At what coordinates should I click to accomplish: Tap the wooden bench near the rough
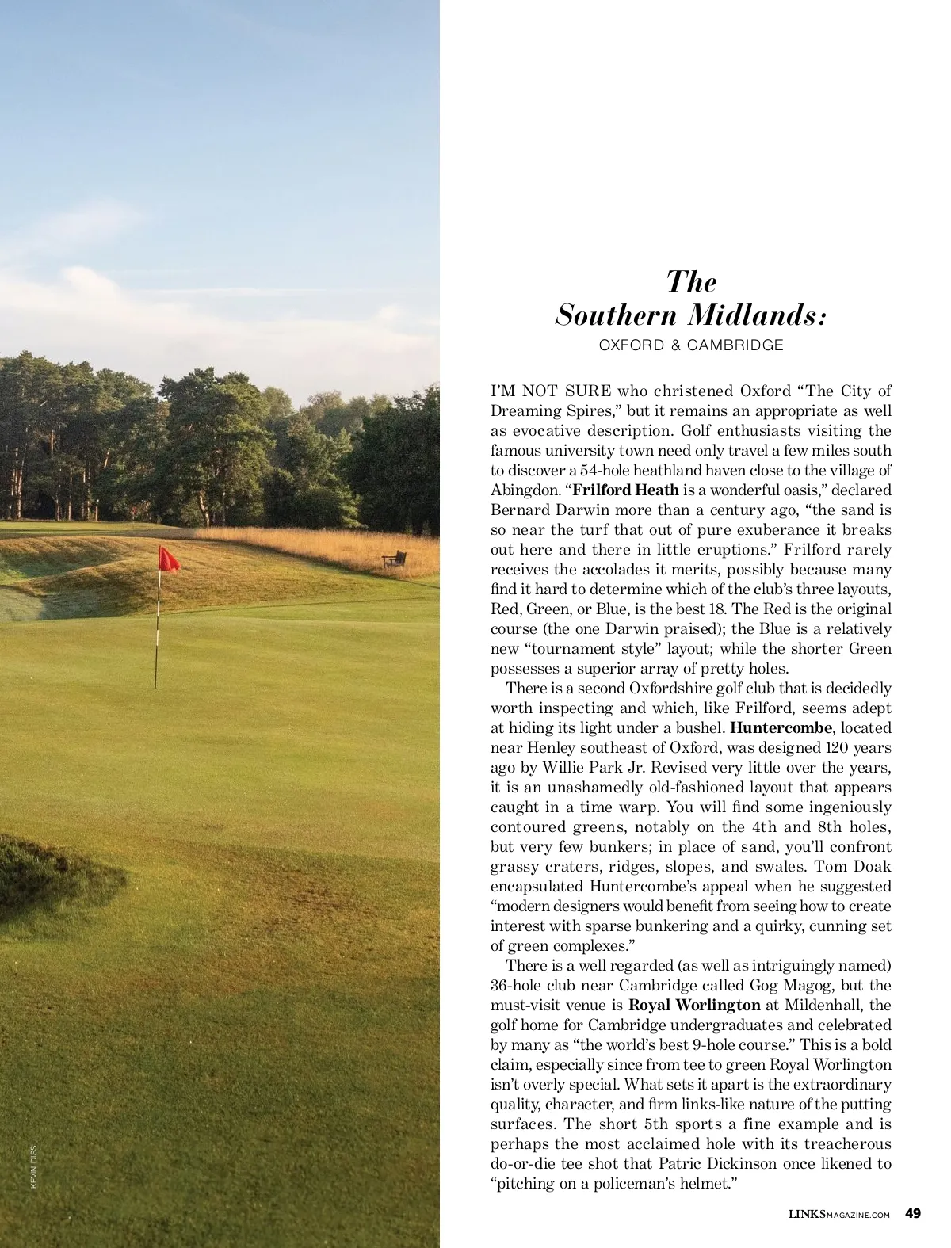[x=394, y=559]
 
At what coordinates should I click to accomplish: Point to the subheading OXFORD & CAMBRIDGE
[x=690, y=345]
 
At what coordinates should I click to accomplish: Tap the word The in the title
[x=691, y=281]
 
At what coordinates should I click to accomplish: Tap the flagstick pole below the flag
[x=157, y=634]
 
